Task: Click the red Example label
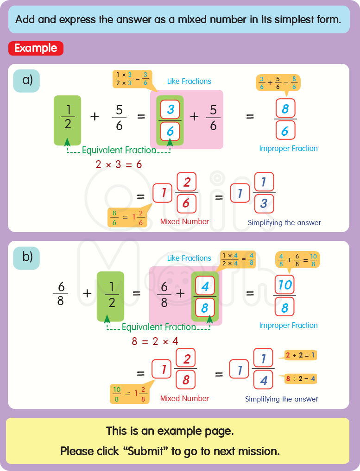click(x=36, y=48)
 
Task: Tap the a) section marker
click(x=26, y=81)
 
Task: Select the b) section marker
click(x=26, y=257)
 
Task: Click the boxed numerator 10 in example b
click(x=284, y=284)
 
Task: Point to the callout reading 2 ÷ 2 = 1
click(x=301, y=356)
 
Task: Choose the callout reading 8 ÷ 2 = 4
click(x=301, y=378)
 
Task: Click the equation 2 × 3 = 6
click(x=119, y=164)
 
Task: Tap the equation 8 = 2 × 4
click(x=156, y=342)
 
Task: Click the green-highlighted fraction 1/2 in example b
click(x=110, y=295)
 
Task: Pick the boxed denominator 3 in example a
click(x=264, y=204)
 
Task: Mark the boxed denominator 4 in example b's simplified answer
click(x=264, y=381)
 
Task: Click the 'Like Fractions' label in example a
click(x=189, y=82)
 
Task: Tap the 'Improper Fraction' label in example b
click(x=288, y=326)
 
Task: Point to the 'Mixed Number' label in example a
click(x=184, y=222)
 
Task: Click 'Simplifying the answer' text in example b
click(x=282, y=399)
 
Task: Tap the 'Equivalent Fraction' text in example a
click(x=119, y=150)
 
